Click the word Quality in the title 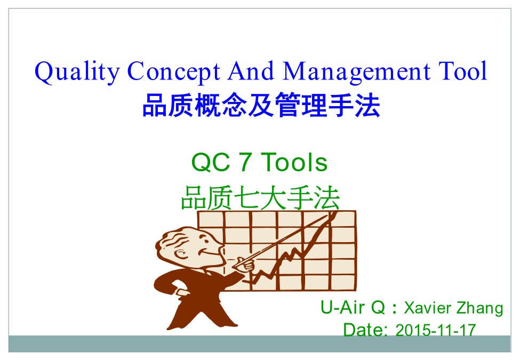point(77,71)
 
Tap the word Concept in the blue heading point(173,71)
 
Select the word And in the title point(251,71)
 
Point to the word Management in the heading point(356,71)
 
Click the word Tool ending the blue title point(463,71)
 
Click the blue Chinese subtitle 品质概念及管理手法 point(261,105)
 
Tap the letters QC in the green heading point(211,163)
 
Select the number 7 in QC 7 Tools point(245,163)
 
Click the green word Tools point(294,163)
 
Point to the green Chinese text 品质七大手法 point(260,198)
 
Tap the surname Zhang point(480,308)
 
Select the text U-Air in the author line point(342,307)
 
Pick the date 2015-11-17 point(436,330)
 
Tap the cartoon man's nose point(219,248)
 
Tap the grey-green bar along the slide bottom point(260,343)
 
